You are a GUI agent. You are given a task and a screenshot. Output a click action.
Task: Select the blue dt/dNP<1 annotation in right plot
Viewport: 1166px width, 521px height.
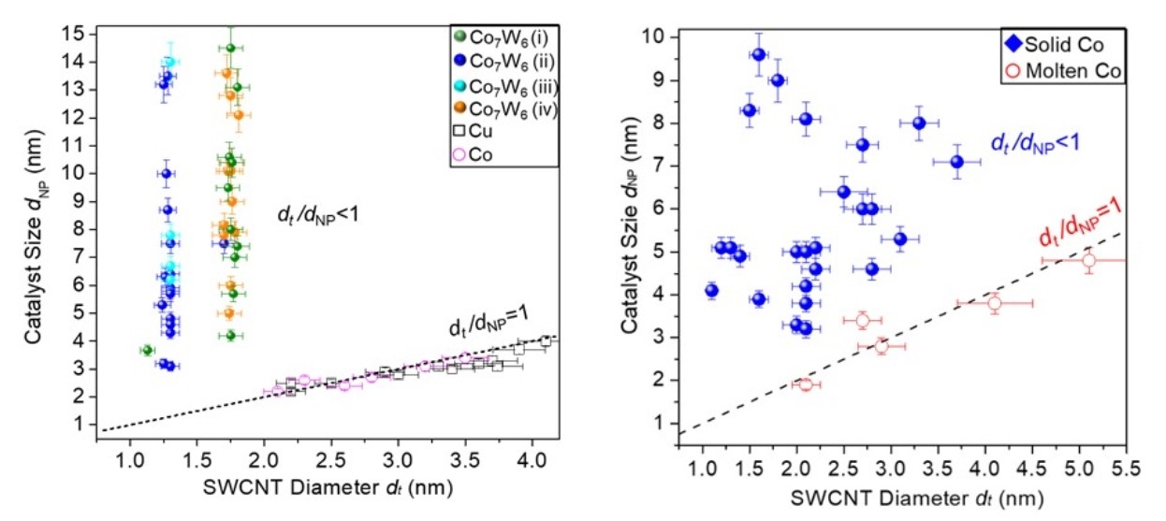click(x=1039, y=143)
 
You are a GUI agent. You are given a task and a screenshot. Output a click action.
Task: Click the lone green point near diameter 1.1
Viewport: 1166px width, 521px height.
click(x=147, y=350)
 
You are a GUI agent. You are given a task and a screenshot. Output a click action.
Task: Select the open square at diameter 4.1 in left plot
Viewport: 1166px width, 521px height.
click(x=545, y=341)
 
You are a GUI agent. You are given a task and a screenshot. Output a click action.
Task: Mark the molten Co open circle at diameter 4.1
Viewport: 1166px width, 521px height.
click(x=994, y=303)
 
